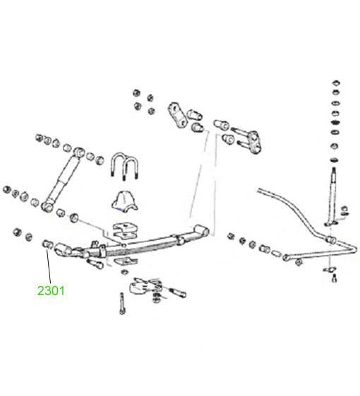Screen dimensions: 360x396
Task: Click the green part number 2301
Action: pos(51,290)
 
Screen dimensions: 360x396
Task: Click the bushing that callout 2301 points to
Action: pos(47,244)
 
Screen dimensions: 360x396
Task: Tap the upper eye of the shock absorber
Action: pos(78,152)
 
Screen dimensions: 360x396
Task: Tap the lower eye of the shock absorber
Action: pos(47,207)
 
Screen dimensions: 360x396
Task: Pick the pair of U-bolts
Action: pos(124,166)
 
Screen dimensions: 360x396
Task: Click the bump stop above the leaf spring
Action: pos(124,200)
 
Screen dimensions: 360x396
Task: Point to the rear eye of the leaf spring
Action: pos(202,230)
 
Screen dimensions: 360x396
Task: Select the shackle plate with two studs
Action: pos(248,142)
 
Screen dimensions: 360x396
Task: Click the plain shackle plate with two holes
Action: pos(178,117)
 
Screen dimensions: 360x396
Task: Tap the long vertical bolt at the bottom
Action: pos(122,304)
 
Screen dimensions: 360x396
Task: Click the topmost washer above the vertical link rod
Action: pos(336,83)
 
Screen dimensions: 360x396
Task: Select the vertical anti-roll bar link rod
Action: pos(332,194)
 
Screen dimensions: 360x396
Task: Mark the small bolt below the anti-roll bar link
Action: pos(334,279)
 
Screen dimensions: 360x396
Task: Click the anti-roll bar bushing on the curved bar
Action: pos(330,240)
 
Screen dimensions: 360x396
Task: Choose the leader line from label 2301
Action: pos(48,266)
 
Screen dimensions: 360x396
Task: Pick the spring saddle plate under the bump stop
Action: pos(126,230)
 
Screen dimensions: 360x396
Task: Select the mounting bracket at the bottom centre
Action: pos(145,287)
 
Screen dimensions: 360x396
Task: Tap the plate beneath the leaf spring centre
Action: pos(125,261)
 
